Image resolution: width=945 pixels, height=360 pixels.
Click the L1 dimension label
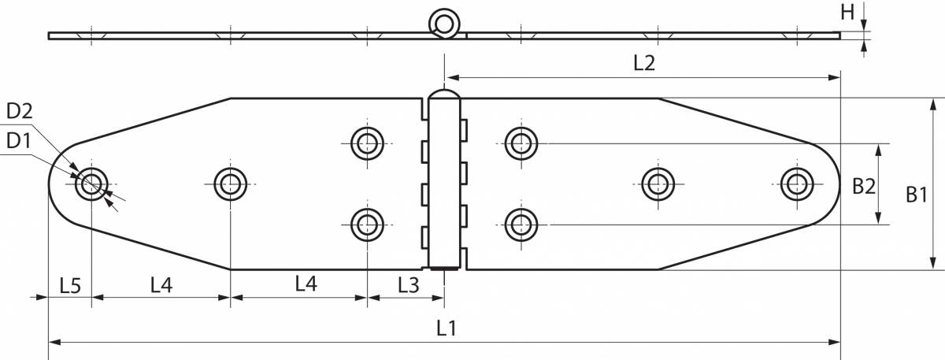[x=447, y=328]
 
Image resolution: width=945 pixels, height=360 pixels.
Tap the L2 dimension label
[x=644, y=63]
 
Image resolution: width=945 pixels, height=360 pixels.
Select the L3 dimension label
[x=409, y=286]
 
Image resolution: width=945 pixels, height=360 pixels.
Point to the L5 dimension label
[x=70, y=286]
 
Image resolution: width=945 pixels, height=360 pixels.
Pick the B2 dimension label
[x=864, y=186]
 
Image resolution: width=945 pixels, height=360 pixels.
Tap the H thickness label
[x=847, y=13]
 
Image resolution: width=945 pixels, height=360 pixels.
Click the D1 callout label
[x=19, y=141]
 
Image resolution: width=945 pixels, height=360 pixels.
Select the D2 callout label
[x=20, y=111]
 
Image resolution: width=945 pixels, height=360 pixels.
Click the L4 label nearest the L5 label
[x=161, y=286]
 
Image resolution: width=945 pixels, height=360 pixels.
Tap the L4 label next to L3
[x=306, y=284]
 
